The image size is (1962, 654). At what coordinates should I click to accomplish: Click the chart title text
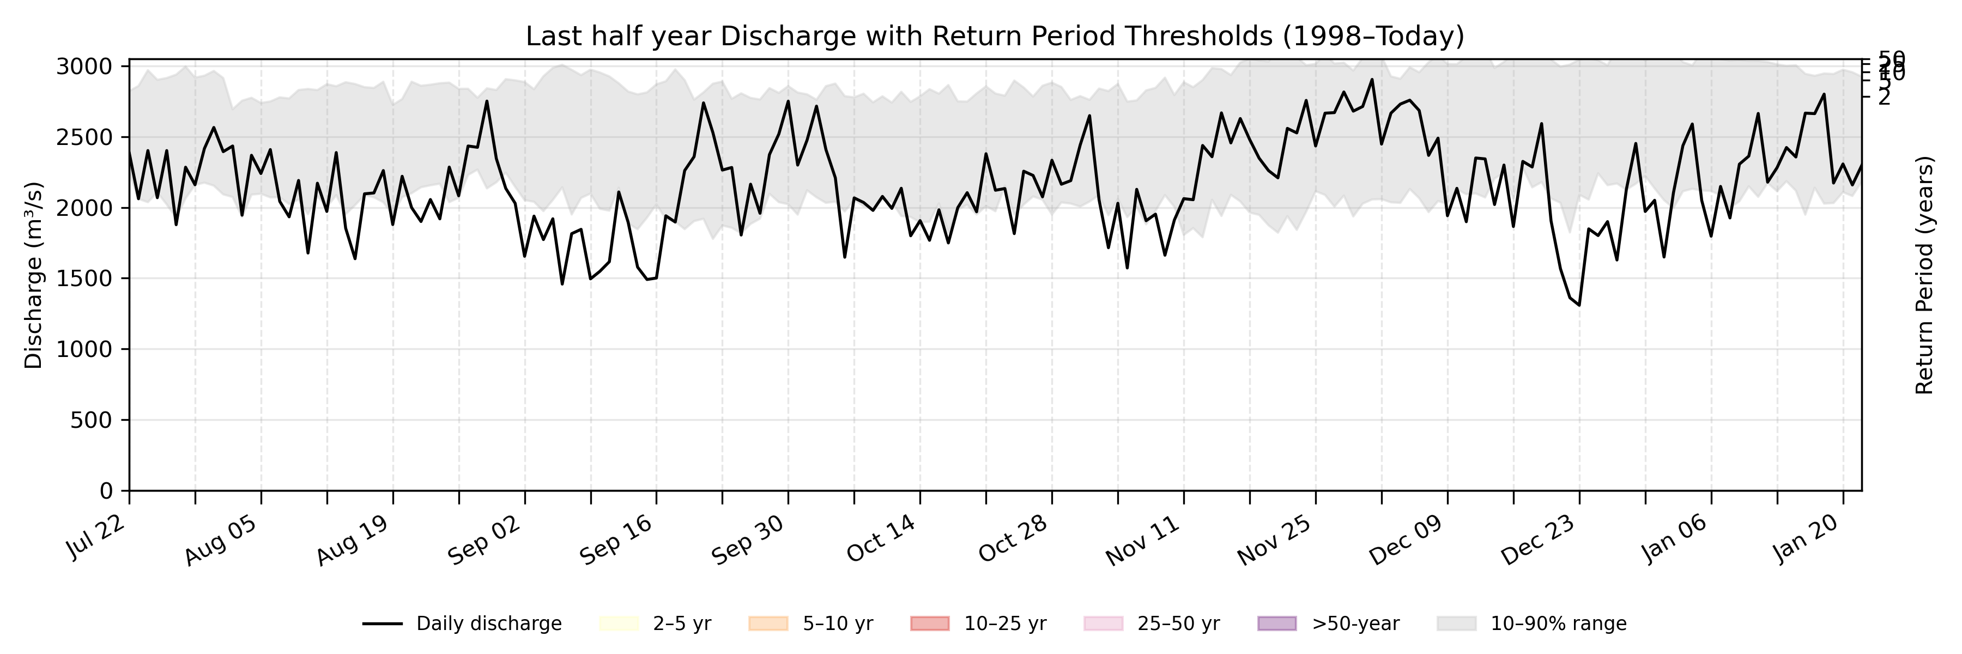pyautogui.click(x=995, y=37)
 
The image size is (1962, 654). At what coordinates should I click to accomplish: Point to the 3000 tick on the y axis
pyautogui.click(x=84, y=67)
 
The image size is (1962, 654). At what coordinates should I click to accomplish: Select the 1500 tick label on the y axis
pyautogui.click(x=84, y=278)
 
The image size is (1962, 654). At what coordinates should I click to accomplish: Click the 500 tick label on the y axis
pyautogui.click(x=90, y=420)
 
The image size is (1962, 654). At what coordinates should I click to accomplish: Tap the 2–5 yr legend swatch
pyautogui.click(x=619, y=623)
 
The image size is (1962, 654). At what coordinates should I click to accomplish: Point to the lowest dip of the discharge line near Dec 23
pyautogui.click(x=1579, y=305)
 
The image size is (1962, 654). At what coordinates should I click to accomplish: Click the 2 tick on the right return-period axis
pyautogui.click(x=1884, y=96)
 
